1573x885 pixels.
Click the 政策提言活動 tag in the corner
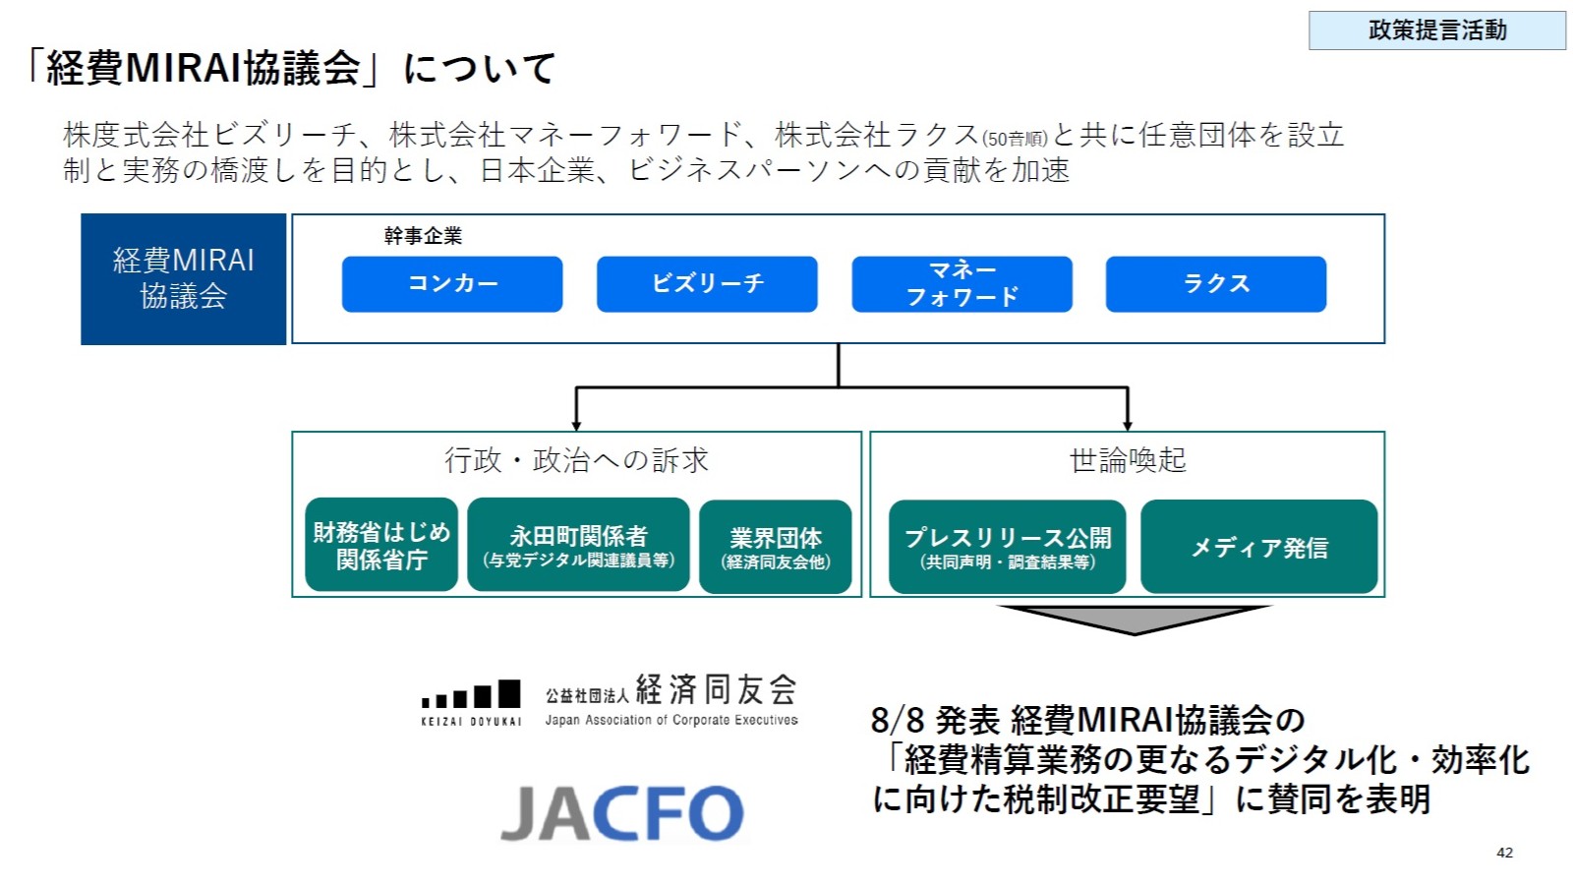click(1436, 30)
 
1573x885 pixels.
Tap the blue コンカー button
click(452, 284)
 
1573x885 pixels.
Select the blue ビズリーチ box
click(707, 284)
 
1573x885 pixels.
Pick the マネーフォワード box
click(961, 284)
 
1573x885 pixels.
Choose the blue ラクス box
click(1216, 284)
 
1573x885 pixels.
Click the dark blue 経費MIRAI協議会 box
click(184, 279)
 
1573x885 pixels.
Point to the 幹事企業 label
click(423, 236)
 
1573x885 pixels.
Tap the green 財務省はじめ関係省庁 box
click(381, 546)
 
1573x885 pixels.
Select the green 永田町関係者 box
click(578, 546)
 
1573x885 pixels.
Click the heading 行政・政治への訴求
click(576, 460)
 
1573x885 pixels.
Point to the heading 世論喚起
click(1128, 460)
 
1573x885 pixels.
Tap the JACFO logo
click(622, 813)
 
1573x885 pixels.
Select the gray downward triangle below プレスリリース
click(1135, 619)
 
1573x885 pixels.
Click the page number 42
click(1504, 853)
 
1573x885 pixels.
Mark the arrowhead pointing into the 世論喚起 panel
click(1128, 423)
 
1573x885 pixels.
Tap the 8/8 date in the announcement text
click(897, 721)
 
